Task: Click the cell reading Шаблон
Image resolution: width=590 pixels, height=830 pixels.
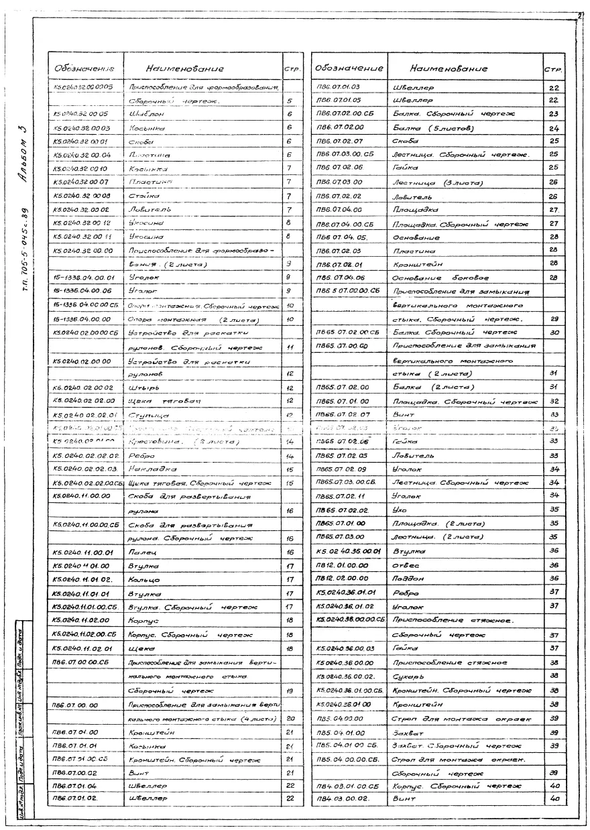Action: pyautogui.click(x=144, y=115)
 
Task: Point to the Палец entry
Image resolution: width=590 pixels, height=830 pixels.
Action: pyautogui.click(x=141, y=552)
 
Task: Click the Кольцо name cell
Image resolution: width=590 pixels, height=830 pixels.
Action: pyautogui.click(x=143, y=579)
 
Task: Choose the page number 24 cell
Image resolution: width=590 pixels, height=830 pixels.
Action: pyautogui.click(x=552, y=128)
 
